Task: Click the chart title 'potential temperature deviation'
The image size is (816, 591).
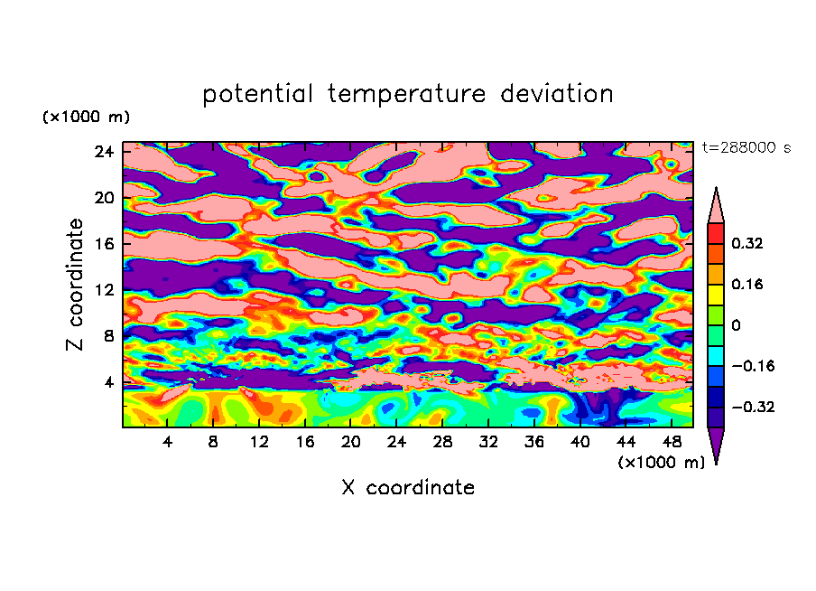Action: pyautogui.click(x=408, y=94)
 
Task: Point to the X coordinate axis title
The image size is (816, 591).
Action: pyautogui.click(x=408, y=488)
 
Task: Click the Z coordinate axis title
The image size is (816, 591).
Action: pyautogui.click(x=76, y=285)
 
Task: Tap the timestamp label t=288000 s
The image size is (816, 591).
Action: pyautogui.click(x=746, y=148)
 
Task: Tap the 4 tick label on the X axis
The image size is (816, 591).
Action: pyautogui.click(x=168, y=442)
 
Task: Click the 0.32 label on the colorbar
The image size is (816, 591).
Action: pyautogui.click(x=747, y=243)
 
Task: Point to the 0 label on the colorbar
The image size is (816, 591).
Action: pyautogui.click(x=736, y=325)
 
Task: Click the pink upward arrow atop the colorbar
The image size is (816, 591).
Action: pyautogui.click(x=716, y=204)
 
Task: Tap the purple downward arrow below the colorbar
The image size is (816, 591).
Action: pyautogui.click(x=716, y=445)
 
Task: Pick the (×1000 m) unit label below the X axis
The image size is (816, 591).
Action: pyautogui.click(x=662, y=463)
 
